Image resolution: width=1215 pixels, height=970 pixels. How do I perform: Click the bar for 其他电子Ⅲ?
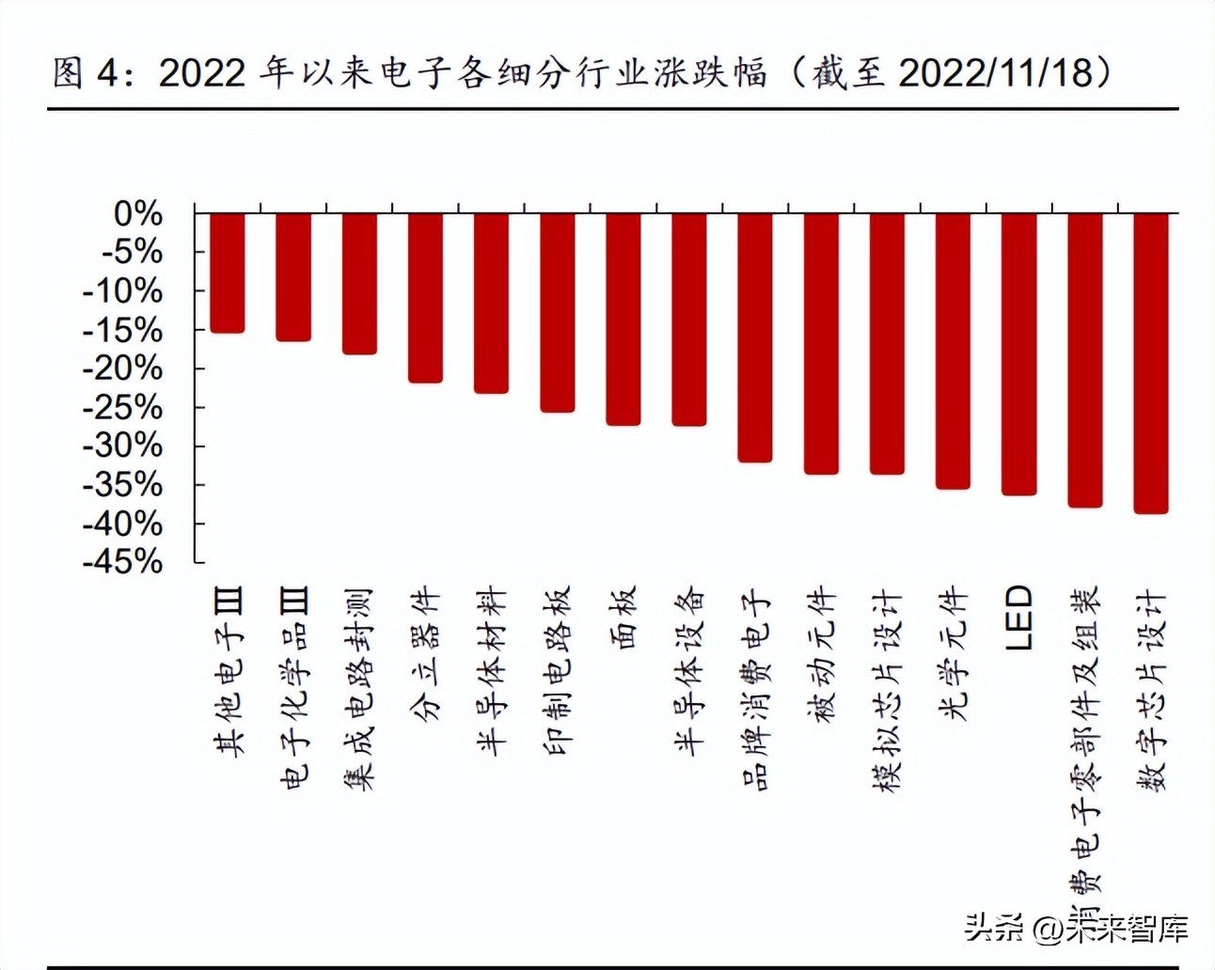227,273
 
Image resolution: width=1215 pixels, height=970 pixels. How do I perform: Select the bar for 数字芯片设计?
1150,363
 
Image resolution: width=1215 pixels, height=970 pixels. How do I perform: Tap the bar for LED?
1018,353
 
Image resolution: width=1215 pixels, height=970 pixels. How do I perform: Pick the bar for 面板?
623,319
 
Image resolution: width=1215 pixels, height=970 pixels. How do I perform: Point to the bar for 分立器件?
425,297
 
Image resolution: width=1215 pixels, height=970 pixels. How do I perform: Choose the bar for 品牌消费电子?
754,337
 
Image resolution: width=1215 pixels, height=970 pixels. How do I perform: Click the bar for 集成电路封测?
359,283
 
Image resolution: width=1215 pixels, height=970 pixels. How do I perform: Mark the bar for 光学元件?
953,351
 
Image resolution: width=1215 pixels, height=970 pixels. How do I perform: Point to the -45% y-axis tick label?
122,561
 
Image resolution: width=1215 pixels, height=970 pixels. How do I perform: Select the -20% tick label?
122,368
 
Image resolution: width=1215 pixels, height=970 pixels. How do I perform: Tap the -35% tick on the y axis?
122,484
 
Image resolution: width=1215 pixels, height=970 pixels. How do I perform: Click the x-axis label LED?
1018,618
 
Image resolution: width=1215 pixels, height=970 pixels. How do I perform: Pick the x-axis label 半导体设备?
689,671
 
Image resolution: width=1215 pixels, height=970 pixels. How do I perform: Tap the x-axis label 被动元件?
821,654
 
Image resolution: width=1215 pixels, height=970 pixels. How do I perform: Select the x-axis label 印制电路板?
557,671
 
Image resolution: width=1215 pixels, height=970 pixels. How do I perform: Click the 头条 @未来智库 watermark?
1077,928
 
